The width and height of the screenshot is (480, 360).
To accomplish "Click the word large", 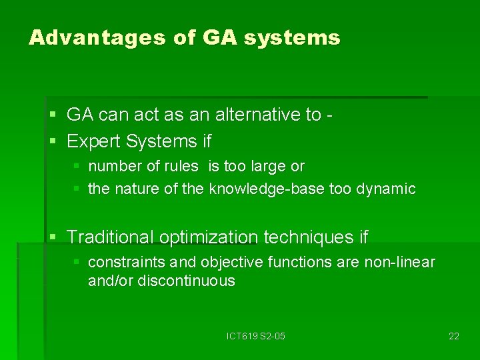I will (x=269, y=166).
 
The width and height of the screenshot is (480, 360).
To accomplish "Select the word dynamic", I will (x=386, y=189).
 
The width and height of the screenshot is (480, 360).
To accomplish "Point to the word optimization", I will (x=209, y=237).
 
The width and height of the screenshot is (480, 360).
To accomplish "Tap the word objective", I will (x=229, y=262).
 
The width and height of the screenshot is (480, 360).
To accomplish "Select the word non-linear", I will (x=399, y=262).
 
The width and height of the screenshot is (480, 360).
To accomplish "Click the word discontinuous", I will (x=186, y=281).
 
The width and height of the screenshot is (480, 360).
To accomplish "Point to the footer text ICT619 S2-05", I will (x=255, y=336).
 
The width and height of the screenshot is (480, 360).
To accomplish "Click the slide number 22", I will (x=453, y=336).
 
